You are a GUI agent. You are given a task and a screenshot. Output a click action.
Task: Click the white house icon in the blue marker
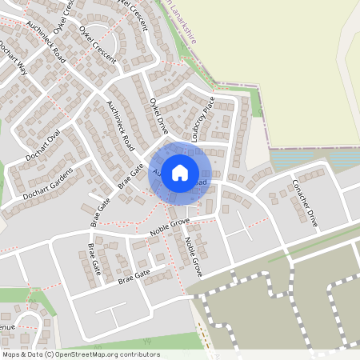click(180, 172)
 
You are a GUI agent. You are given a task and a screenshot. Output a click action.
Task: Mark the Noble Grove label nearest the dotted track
click(194, 256)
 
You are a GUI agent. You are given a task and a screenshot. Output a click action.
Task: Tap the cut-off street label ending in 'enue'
click(6, 327)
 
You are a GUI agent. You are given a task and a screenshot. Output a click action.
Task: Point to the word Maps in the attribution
click(11, 354)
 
